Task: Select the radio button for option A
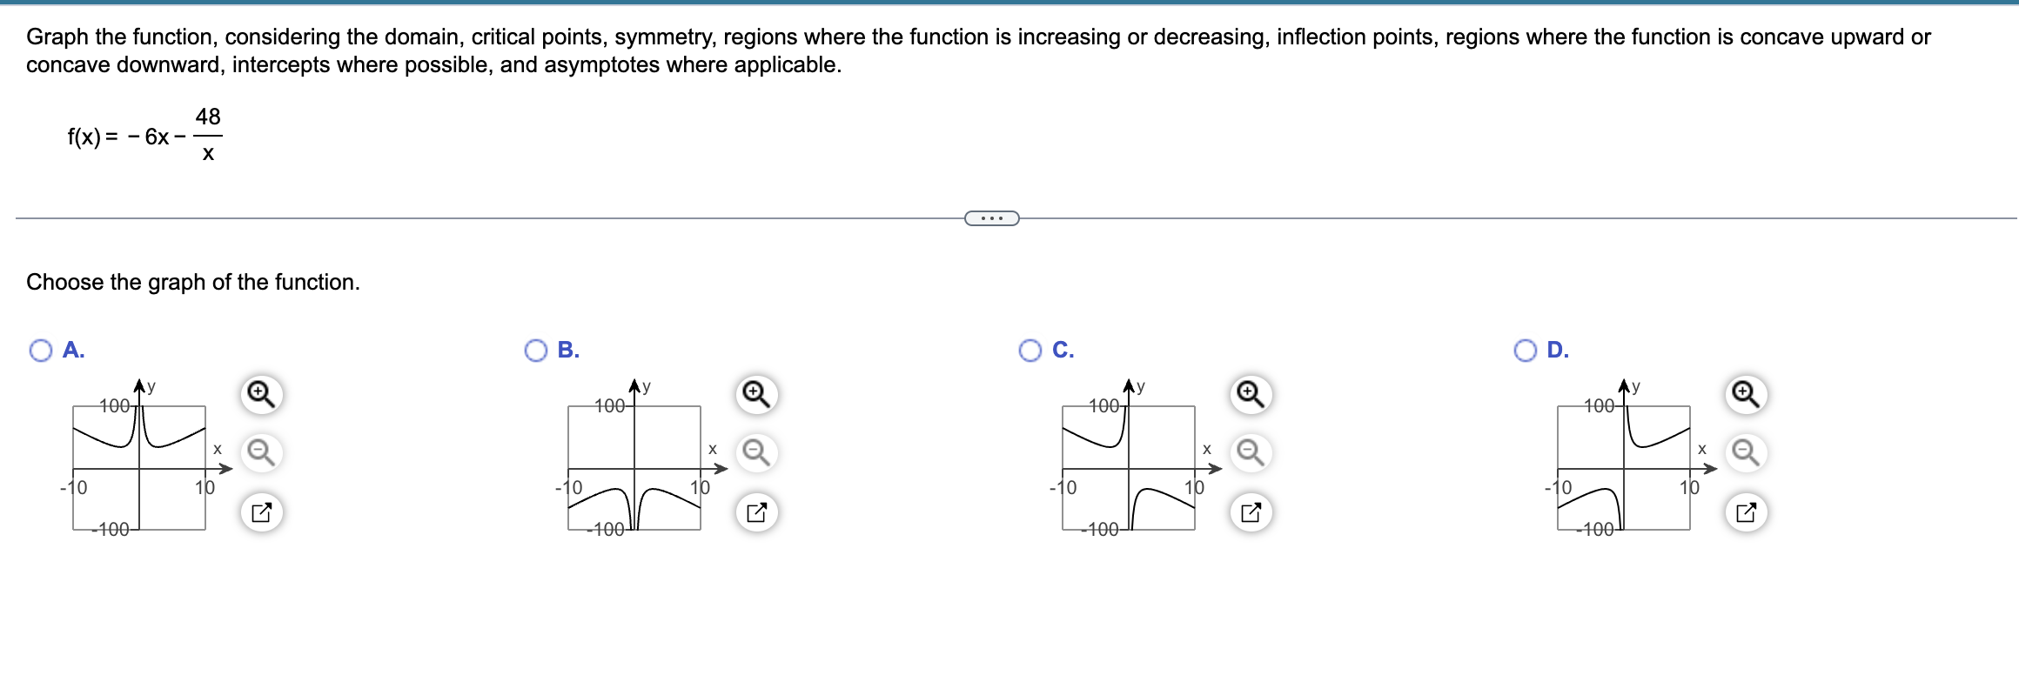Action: [41, 351]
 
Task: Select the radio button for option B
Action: [536, 351]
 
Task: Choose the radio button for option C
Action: [1030, 351]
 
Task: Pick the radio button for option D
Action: [1526, 351]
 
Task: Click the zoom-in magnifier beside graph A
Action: [261, 395]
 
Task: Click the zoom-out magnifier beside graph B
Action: [755, 453]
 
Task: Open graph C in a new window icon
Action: [1251, 512]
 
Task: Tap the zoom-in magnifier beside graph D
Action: [1746, 395]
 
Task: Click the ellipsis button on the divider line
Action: [991, 218]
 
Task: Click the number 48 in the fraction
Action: [208, 117]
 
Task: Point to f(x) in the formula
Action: [84, 137]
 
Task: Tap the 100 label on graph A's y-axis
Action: [114, 405]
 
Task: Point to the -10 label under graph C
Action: [1063, 487]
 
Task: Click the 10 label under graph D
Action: [1689, 487]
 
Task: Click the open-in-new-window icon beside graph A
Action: [261, 512]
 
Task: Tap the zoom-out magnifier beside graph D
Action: [1746, 453]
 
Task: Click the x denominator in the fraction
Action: [208, 154]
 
